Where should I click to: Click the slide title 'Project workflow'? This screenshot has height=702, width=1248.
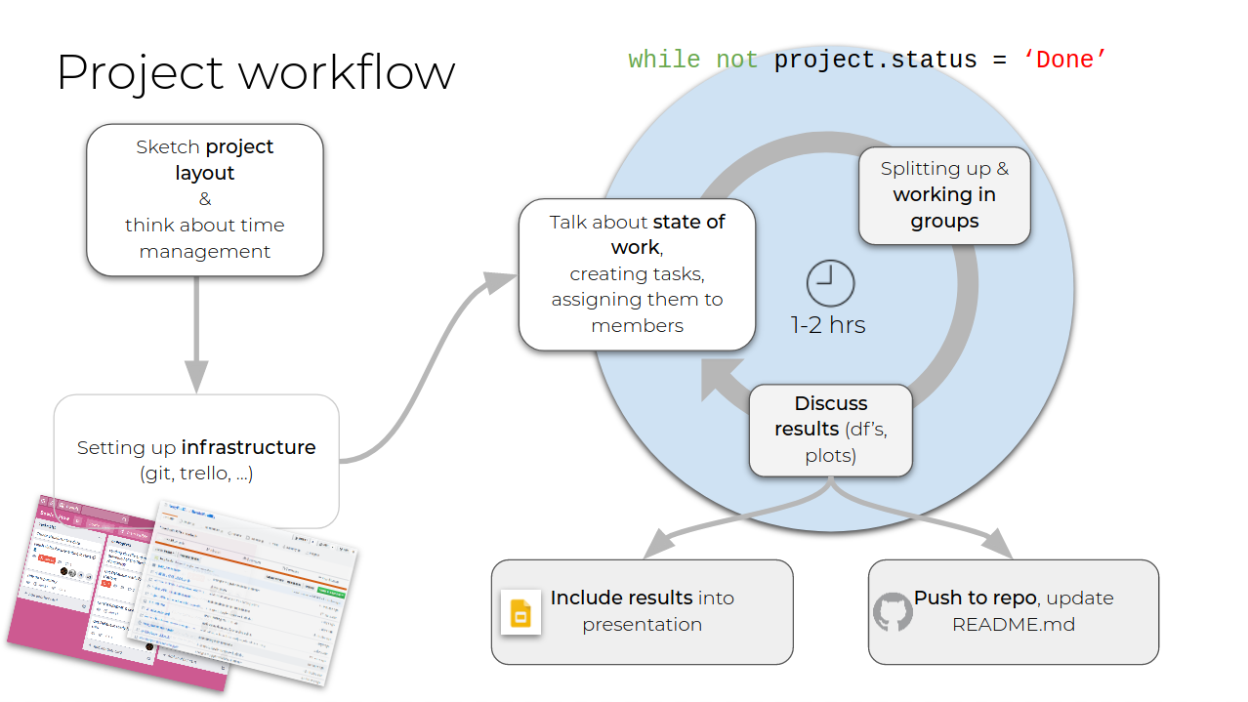pyautogui.click(x=256, y=72)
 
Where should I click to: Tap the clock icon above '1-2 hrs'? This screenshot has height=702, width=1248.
pyautogui.click(x=830, y=284)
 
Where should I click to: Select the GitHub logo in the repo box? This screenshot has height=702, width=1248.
pyautogui.click(x=892, y=611)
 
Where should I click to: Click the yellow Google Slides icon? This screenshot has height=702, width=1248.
pyautogui.click(x=520, y=612)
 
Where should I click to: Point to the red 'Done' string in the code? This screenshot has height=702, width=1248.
pyautogui.click(x=1064, y=60)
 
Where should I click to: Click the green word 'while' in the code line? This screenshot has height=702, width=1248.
pyautogui.click(x=664, y=60)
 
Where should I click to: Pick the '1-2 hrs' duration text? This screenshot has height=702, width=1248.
pyautogui.click(x=828, y=325)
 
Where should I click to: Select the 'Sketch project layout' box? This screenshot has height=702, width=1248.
pyautogui.click(x=205, y=199)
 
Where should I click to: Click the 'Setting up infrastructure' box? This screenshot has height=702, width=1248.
pyautogui.click(x=196, y=460)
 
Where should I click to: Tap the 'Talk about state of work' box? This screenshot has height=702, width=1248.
pyautogui.click(x=637, y=274)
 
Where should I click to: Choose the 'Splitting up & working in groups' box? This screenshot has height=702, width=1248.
pyautogui.click(x=944, y=195)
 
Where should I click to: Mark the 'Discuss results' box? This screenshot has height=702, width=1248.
pyautogui.click(x=831, y=430)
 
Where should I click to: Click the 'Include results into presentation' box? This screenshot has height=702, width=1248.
pyautogui.click(x=642, y=611)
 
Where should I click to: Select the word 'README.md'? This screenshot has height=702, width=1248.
pyautogui.click(x=1014, y=624)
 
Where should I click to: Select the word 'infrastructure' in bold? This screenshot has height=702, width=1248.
pyautogui.click(x=248, y=448)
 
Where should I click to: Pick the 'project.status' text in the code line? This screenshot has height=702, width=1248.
pyautogui.click(x=875, y=60)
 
